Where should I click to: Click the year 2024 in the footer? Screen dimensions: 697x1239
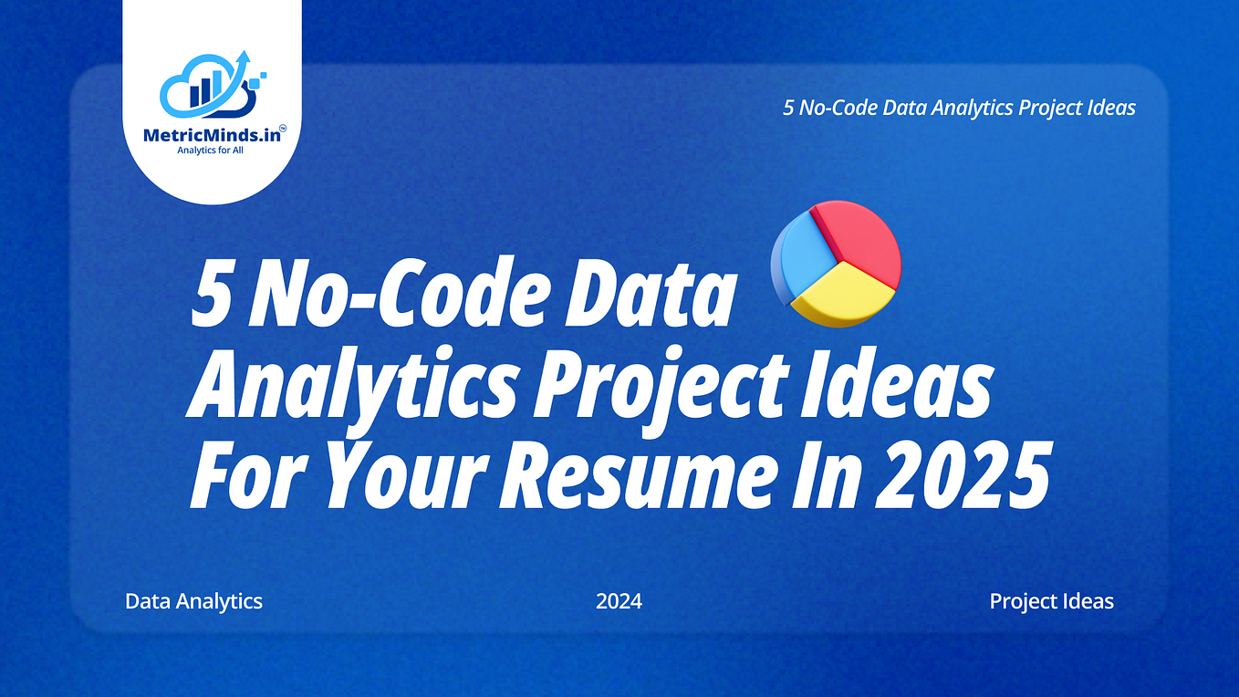coord(619,602)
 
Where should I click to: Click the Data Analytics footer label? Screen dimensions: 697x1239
coord(193,602)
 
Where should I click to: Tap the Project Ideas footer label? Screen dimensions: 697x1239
coord(1051,602)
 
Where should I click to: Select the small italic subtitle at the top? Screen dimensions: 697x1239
coord(959,108)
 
